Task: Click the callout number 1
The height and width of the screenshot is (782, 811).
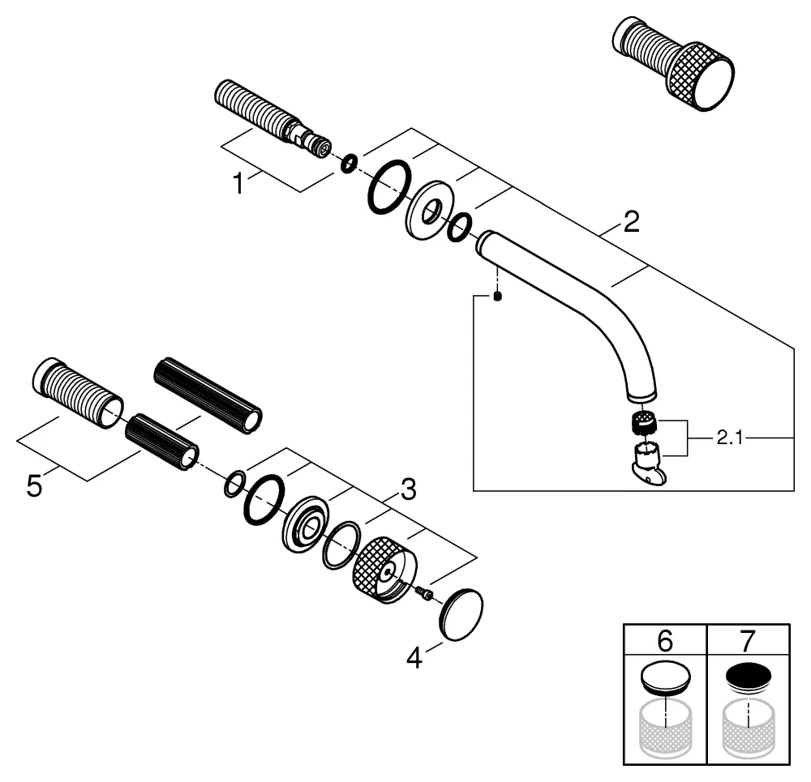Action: (x=238, y=184)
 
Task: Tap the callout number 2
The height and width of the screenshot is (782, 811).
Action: (x=631, y=221)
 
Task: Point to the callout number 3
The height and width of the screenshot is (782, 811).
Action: (x=408, y=488)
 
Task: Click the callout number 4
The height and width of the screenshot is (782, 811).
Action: (x=414, y=658)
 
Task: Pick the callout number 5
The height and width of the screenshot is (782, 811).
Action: (x=33, y=487)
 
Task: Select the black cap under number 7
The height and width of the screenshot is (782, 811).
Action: (x=748, y=676)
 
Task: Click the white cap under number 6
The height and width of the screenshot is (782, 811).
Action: (x=664, y=677)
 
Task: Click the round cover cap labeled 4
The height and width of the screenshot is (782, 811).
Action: (x=461, y=614)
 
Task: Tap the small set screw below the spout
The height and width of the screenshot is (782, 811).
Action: (x=498, y=296)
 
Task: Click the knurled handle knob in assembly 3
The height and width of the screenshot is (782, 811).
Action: (x=381, y=569)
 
